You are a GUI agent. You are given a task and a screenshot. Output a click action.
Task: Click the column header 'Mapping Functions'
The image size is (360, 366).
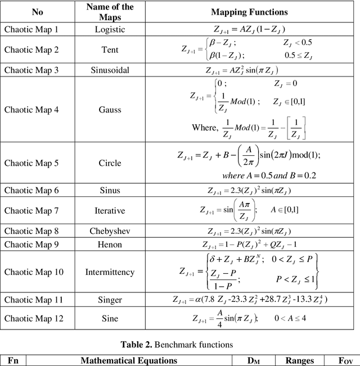[249, 12]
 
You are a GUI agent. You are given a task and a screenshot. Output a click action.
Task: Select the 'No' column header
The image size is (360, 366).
[37, 12]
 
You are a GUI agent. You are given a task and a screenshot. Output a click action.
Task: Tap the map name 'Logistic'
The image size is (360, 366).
[110, 29]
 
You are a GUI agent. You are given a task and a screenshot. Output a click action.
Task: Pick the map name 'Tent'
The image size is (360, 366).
[110, 49]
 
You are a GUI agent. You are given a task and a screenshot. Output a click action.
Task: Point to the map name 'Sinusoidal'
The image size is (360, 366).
[110, 70]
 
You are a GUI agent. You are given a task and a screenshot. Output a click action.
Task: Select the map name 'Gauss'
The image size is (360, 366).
[110, 110]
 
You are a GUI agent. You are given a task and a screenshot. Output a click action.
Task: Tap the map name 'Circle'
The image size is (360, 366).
[110, 163]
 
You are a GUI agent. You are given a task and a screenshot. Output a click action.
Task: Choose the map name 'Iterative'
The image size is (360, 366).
[110, 211]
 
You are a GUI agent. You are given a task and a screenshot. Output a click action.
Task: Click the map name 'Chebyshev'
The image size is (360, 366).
[110, 231]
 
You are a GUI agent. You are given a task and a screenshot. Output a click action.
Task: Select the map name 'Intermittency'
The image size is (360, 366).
[110, 272]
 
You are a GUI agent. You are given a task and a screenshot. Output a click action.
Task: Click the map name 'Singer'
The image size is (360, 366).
[110, 300]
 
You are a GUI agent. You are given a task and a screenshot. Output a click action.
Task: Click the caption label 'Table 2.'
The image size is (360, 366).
[139, 344]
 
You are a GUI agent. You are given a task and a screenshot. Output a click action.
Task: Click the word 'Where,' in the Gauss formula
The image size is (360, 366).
[204, 128]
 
